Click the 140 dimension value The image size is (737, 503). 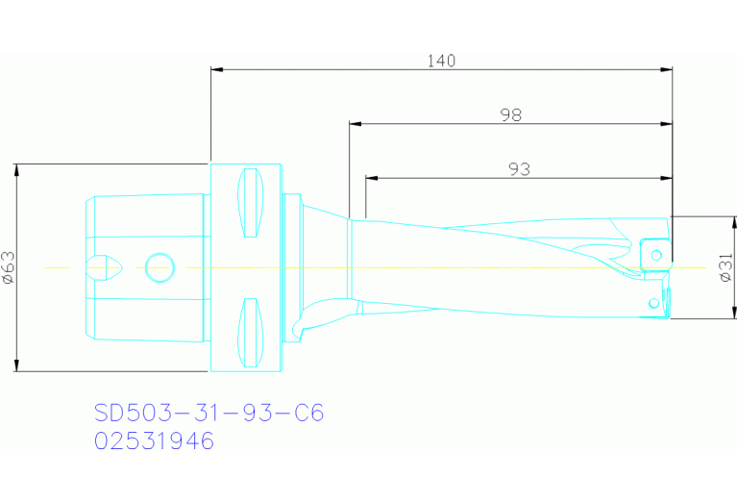pos(441,61)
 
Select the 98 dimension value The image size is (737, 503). pos(510,114)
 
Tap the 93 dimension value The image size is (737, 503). pos(519,168)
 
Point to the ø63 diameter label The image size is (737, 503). pos(8,267)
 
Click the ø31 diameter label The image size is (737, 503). pos(725,267)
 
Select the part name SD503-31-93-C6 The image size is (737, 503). pos(209,414)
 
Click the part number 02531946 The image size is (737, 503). pos(154,441)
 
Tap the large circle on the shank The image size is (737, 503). pos(159,267)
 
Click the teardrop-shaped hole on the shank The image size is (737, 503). pos(104,267)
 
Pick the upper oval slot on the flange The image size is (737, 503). pos(250,202)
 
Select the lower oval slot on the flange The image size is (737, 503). pos(250,333)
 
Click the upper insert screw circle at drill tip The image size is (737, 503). pos(657,254)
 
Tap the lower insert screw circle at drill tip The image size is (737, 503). pos(654,304)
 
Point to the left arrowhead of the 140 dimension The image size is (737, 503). pos(215,69)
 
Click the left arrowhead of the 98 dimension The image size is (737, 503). pos(355,124)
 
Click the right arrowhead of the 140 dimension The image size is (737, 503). pos(667,69)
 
